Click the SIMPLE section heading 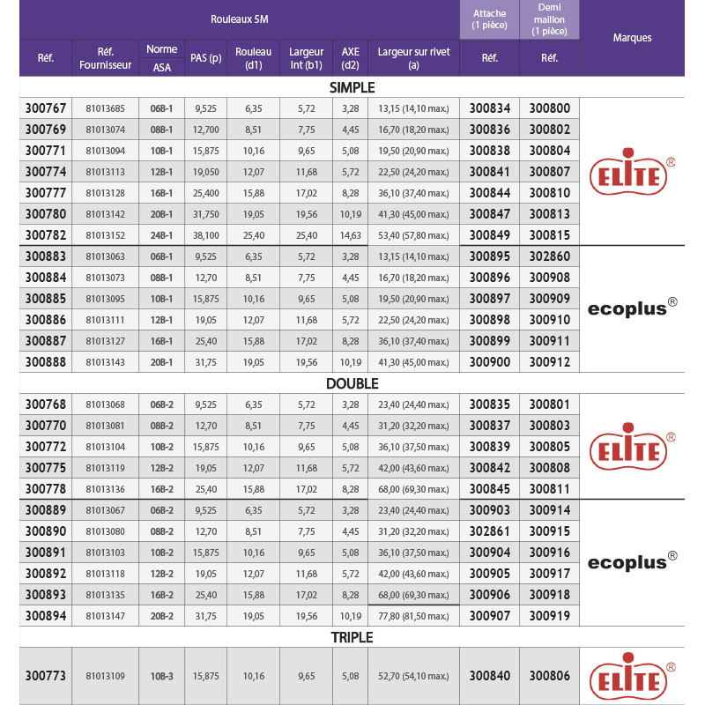click(x=352, y=87)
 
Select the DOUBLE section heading click(x=352, y=383)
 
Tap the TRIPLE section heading click(x=352, y=637)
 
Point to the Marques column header click(x=632, y=38)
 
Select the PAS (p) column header click(x=205, y=58)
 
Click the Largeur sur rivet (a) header click(x=413, y=58)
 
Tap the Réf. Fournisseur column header click(x=105, y=58)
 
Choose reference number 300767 click(x=46, y=108)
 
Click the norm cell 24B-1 click(x=162, y=235)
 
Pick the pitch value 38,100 click(x=205, y=235)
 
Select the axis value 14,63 click(x=350, y=235)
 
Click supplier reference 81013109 click(x=105, y=676)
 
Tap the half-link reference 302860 click(x=549, y=256)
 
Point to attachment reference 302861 click(x=489, y=531)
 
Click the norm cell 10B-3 click(x=162, y=676)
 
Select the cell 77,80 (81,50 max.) click(x=413, y=616)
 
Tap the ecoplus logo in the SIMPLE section click(x=632, y=308)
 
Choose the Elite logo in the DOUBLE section click(x=632, y=447)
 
